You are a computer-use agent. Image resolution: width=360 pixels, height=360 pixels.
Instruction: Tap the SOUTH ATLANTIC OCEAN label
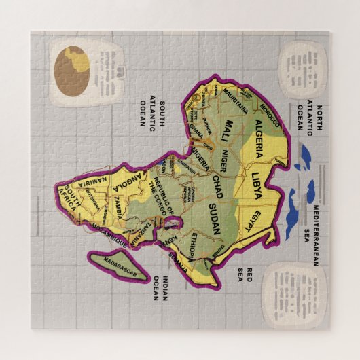pyautogui.click(x=151, y=109)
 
